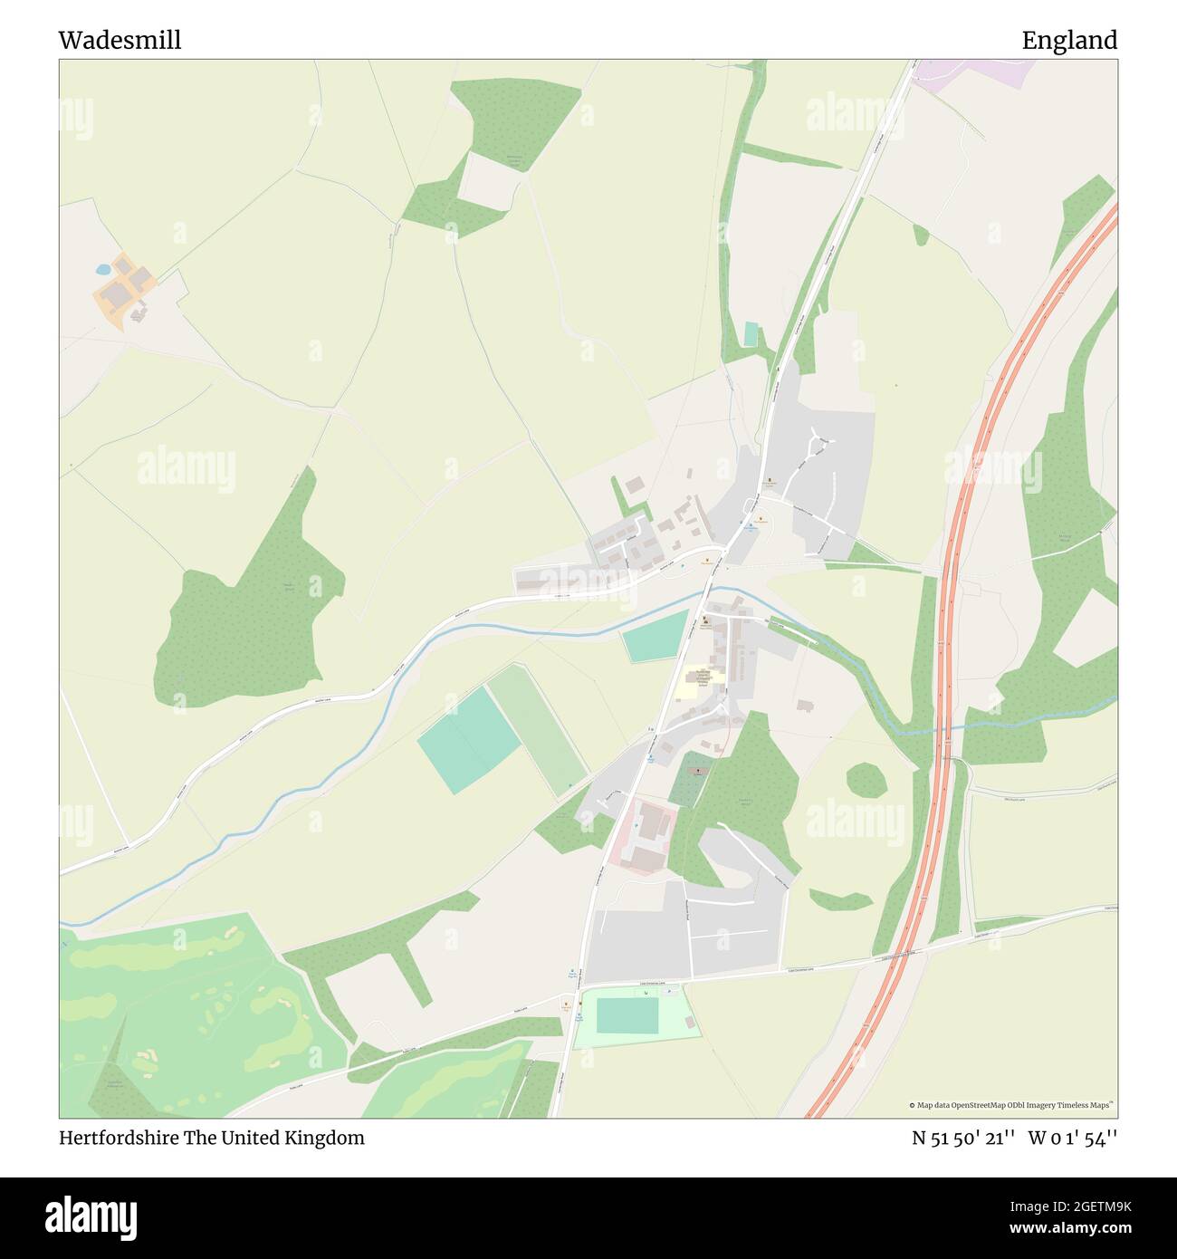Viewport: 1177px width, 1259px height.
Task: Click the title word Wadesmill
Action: pos(120,40)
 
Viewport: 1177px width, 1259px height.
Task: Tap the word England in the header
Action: pos(1069,40)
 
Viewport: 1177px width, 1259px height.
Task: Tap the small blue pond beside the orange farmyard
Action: pos(101,269)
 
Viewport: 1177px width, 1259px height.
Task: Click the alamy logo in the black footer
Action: pos(92,1215)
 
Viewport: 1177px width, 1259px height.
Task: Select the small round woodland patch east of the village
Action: pos(866,779)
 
